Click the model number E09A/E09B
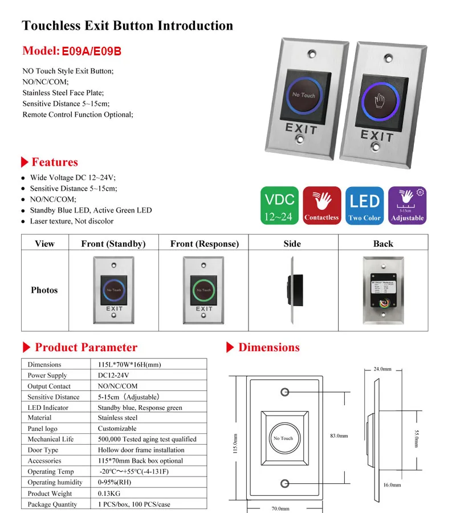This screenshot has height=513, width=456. tap(91, 51)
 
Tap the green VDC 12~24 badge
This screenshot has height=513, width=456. tap(280, 205)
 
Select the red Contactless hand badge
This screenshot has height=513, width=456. tap(321, 205)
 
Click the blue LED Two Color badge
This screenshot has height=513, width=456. tap(364, 205)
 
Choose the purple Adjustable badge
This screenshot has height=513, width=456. tap(407, 205)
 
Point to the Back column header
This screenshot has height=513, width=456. tap(383, 243)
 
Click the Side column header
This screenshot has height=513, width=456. tap(292, 243)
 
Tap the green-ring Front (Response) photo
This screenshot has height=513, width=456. tap(204, 290)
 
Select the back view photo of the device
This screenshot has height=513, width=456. tap(383, 290)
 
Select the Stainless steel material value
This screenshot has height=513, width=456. tap(117, 418)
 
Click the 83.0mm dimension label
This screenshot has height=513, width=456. tap(339, 436)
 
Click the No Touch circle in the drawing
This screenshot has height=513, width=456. tap(283, 438)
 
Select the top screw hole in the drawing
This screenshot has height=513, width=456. tap(284, 393)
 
